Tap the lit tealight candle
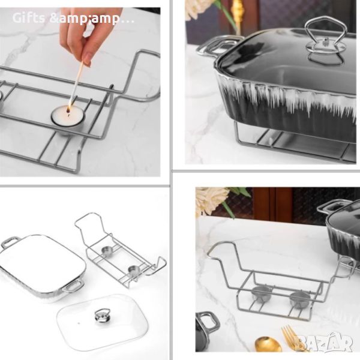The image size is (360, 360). pyautogui.click(x=68, y=118)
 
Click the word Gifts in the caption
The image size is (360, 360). pyautogui.click(x=28, y=18)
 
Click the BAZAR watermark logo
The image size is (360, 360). pyautogui.click(x=324, y=342)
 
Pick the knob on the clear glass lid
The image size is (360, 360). pyautogui.click(x=103, y=316)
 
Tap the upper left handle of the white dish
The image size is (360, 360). pyautogui.click(x=10, y=242)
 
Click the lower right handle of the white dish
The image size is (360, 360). pyautogui.click(x=73, y=286)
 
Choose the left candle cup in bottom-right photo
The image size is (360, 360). pyautogui.click(x=262, y=293)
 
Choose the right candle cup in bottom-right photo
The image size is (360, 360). pyautogui.click(x=300, y=299)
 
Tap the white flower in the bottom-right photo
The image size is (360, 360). pyautogui.click(x=211, y=200)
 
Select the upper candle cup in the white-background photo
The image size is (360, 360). pyautogui.click(x=107, y=251)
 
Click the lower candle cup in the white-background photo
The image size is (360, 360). pyautogui.click(x=134, y=270)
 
